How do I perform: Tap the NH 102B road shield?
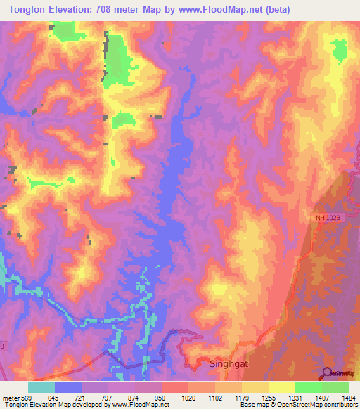point(327,219)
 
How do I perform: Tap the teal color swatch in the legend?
point(41,387)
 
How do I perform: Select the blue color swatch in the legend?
point(68,387)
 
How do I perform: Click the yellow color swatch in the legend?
point(282,387)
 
